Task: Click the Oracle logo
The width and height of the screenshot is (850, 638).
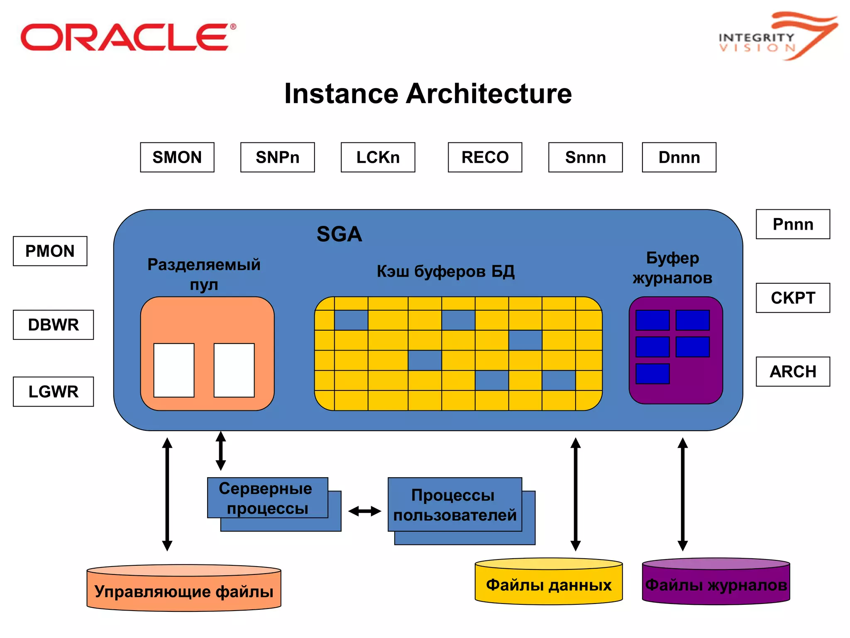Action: point(128,37)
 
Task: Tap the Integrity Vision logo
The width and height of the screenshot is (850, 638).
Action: point(776,37)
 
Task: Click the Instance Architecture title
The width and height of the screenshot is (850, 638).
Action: point(427,93)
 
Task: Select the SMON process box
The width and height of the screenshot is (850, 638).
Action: point(177,157)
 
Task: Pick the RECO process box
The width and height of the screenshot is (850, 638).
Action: point(485,157)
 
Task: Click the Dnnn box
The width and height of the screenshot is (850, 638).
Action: point(679,157)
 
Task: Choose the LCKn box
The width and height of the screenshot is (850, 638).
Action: point(378,157)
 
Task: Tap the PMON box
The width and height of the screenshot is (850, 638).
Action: point(50,251)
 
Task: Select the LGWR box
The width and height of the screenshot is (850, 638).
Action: point(53,391)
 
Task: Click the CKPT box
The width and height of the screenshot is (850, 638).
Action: point(793,298)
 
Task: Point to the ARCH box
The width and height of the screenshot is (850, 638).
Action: point(793,371)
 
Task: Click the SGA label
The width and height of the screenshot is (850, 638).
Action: point(339,234)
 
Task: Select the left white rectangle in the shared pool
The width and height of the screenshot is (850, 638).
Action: point(174,370)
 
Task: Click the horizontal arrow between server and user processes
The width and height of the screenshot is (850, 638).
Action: point(364,511)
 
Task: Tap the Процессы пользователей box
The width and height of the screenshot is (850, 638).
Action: point(454,505)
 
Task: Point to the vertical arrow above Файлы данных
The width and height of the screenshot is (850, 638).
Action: point(575,494)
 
